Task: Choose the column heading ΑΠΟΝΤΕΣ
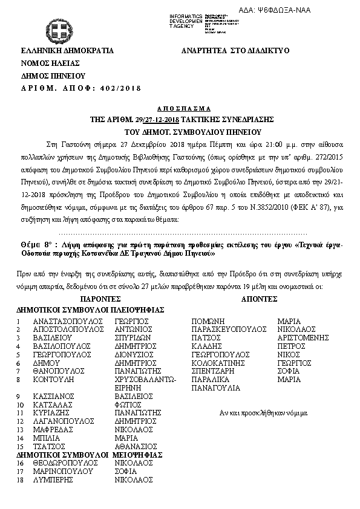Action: (x=259, y=299)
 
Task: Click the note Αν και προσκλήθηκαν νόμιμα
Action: (x=259, y=413)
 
